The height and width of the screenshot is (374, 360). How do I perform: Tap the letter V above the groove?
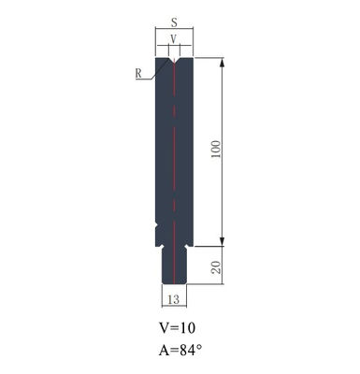174,39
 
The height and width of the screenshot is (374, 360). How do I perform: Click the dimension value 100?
216,151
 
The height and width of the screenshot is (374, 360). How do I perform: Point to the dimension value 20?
216,268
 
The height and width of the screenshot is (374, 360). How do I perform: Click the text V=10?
177,329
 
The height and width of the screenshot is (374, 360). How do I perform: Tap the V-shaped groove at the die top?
174,63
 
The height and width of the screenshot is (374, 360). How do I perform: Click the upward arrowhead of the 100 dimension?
223,65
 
